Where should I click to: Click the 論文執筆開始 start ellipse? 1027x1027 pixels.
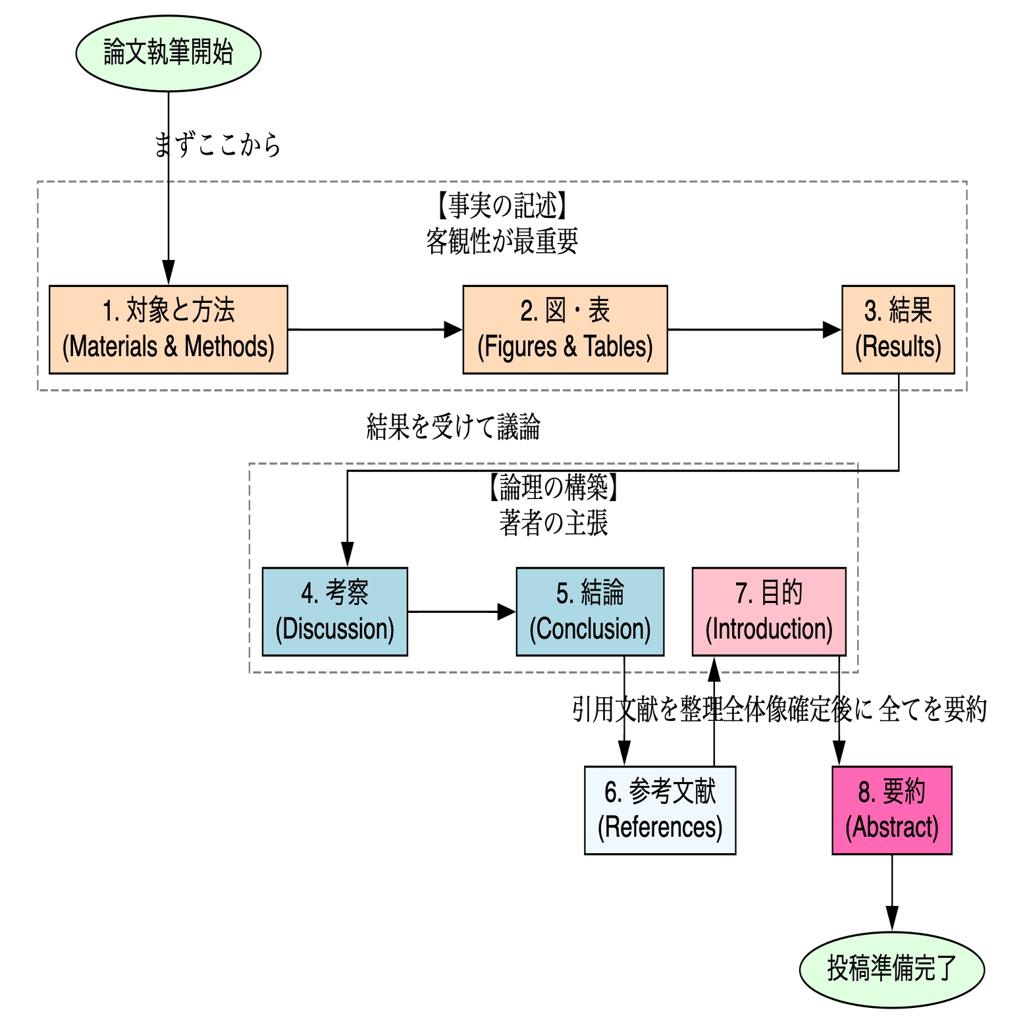[169, 53]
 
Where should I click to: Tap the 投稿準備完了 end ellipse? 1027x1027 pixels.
[891, 969]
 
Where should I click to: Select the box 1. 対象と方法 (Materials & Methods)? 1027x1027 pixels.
[169, 329]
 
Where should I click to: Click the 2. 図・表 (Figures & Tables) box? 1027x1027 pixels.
[565, 329]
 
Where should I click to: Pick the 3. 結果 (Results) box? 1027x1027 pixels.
[898, 329]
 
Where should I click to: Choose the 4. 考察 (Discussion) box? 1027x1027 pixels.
[334, 612]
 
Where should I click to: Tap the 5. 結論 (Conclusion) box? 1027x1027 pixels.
[590, 612]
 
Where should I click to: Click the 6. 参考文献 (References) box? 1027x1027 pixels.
[660, 810]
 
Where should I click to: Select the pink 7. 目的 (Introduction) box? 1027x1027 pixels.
[769, 612]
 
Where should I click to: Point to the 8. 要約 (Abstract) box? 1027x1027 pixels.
[891, 810]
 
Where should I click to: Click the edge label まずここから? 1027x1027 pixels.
[217, 145]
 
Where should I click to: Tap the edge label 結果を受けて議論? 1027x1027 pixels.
[453, 427]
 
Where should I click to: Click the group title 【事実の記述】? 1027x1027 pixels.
[502, 206]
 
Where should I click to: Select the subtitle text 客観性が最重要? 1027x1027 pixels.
[502, 242]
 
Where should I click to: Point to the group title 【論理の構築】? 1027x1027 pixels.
[553, 488]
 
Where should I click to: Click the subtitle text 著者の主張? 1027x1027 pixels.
[553, 523]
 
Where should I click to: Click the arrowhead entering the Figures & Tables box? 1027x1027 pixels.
[454, 329]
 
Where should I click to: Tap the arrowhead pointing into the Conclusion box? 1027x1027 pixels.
[507, 612]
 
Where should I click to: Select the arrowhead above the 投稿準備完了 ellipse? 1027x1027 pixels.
[891, 919]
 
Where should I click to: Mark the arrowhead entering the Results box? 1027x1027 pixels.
[833, 329]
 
